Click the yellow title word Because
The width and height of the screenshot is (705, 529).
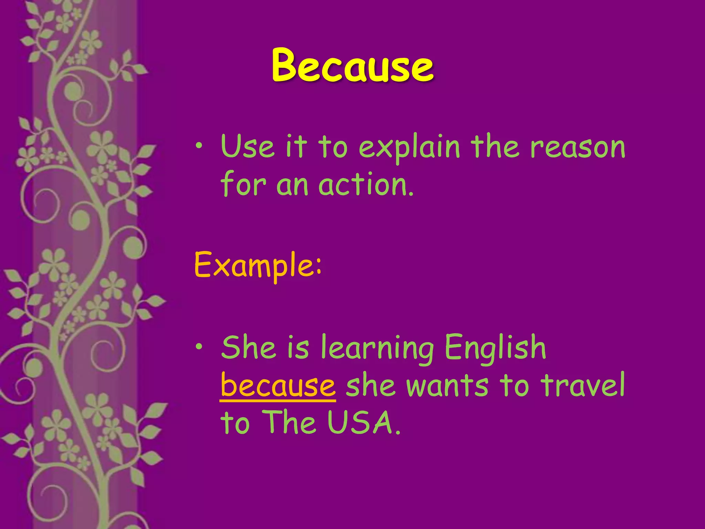point(352,65)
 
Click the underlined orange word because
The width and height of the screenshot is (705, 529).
point(278,385)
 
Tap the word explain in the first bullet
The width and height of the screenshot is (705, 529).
point(409,147)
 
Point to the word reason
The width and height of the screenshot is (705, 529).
point(578,147)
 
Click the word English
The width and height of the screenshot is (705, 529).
point(495,347)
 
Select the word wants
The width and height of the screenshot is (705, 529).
point(447,385)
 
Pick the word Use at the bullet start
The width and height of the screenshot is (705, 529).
point(248,147)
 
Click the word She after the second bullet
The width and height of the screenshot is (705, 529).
point(248,347)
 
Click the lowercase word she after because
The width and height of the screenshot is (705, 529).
point(370,385)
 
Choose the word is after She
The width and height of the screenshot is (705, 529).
point(298,347)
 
